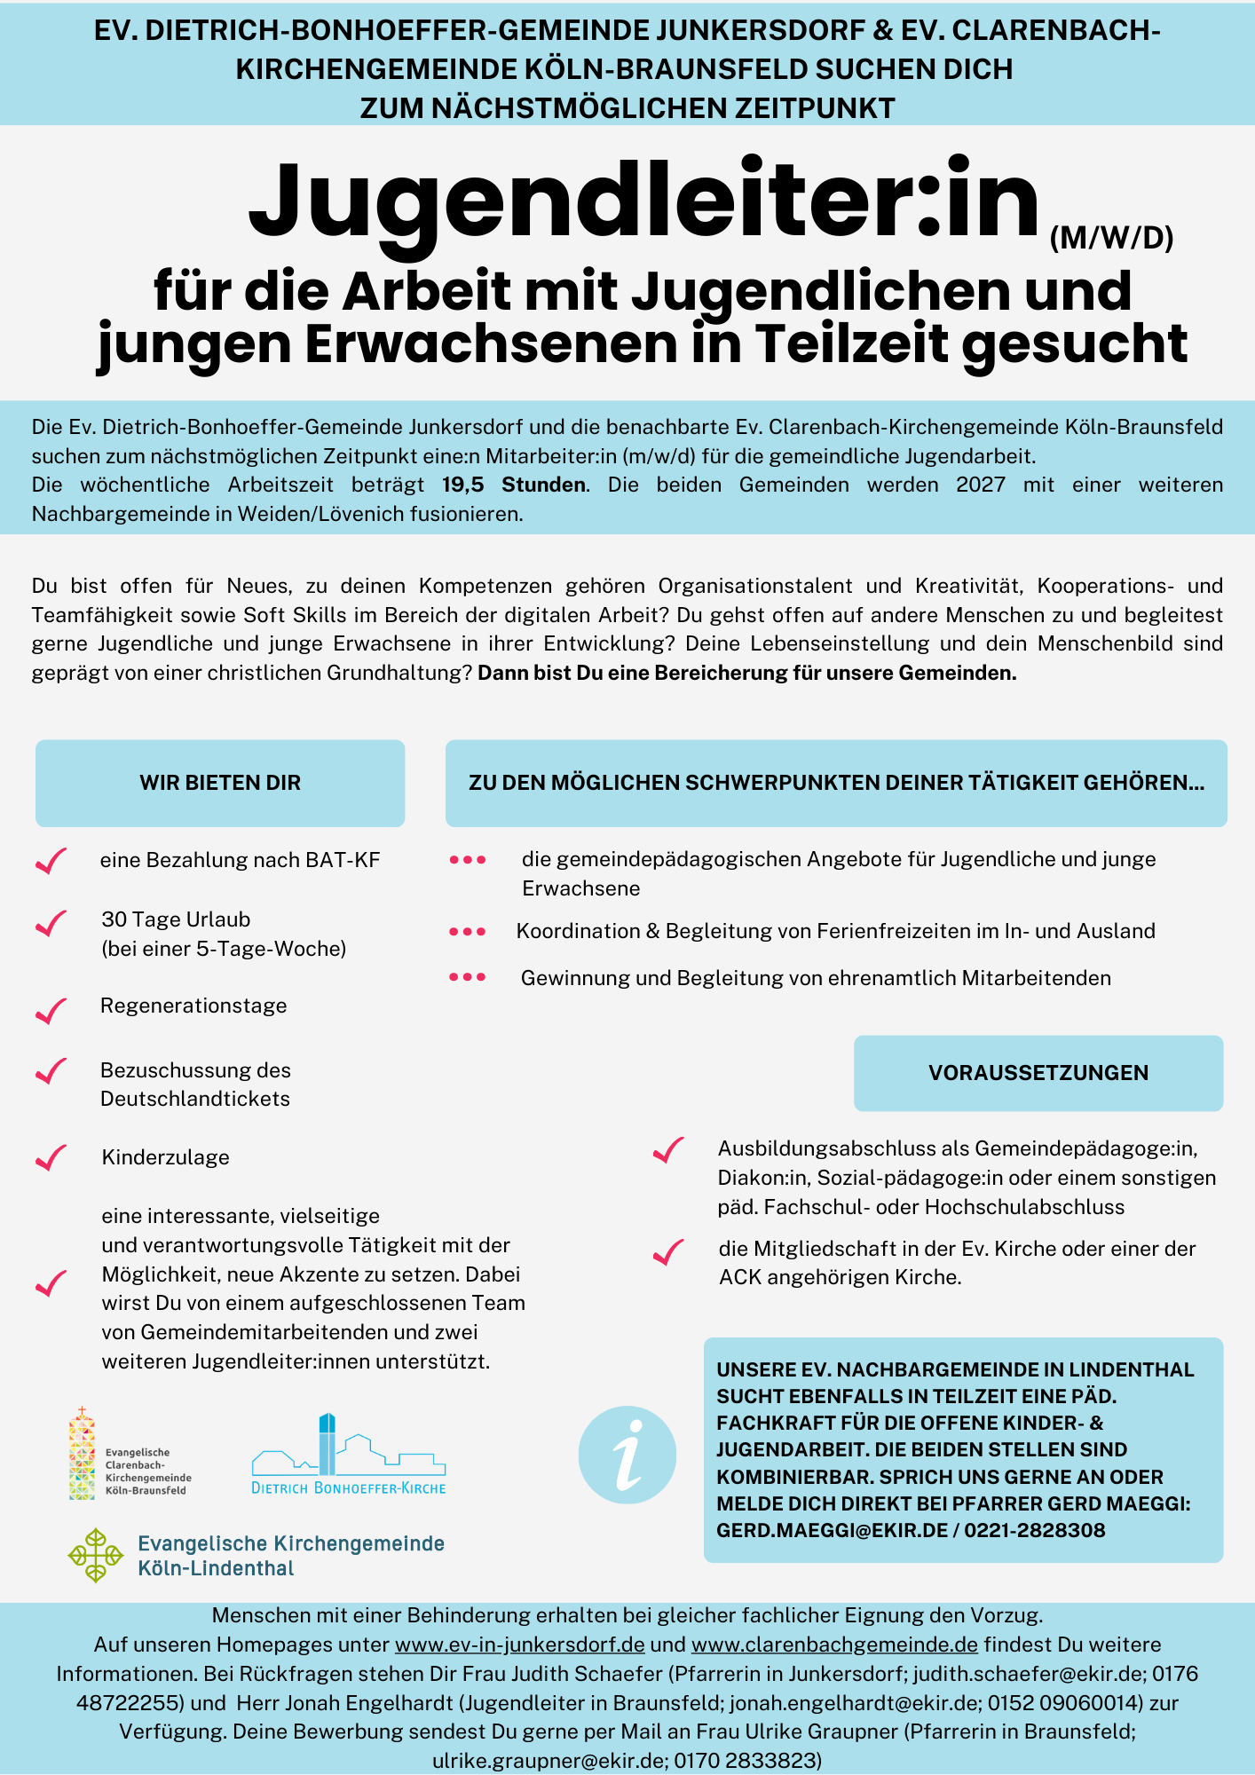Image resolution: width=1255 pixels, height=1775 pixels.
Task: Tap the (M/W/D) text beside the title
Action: tap(1111, 238)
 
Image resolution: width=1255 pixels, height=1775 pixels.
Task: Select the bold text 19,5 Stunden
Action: tap(514, 485)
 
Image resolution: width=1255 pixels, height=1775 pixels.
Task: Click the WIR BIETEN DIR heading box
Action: tap(220, 783)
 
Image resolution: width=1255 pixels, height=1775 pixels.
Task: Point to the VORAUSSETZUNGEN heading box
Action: tap(1038, 1072)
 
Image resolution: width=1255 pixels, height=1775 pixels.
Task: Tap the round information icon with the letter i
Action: tap(627, 1455)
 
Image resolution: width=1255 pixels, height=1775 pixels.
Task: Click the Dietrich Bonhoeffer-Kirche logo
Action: tap(349, 1455)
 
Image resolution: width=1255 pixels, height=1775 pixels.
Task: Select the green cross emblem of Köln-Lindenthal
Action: tap(95, 1555)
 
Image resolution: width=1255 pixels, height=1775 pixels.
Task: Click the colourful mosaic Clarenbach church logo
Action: tap(83, 1454)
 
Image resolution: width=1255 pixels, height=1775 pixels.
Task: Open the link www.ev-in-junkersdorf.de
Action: tap(519, 1645)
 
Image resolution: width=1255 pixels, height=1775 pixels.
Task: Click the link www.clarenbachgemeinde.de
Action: tap(834, 1645)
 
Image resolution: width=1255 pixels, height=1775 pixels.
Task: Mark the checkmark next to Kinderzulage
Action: tap(51, 1158)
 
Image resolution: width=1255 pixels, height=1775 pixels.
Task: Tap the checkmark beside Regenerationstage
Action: tap(51, 1010)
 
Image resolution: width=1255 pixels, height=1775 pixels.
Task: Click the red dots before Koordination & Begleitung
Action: tap(468, 932)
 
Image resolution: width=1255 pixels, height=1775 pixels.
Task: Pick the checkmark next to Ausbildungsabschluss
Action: tap(668, 1150)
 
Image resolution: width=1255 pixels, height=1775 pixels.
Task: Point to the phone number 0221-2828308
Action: tap(1035, 1530)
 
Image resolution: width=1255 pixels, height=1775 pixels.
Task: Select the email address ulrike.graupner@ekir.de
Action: tap(549, 1760)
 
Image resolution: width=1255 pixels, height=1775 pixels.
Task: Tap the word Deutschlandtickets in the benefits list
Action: tap(195, 1099)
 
